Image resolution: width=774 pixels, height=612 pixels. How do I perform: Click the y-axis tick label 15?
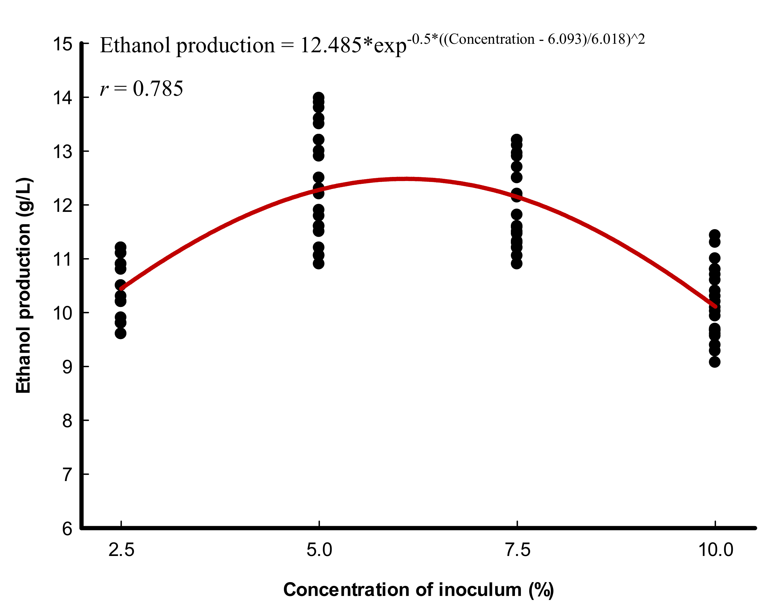(x=63, y=44)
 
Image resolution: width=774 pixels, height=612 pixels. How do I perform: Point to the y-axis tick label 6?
(x=67, y=529)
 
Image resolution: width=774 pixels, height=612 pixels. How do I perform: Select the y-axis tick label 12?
(x=63, y=206)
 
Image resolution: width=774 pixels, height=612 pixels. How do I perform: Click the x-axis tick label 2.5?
(x=121, y=550)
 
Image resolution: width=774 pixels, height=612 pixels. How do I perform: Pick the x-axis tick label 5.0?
(x=319, y=550)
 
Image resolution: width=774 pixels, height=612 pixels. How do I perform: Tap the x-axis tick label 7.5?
(x=517, y=550)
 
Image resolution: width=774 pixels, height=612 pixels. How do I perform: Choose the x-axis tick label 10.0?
(x=715, y=550)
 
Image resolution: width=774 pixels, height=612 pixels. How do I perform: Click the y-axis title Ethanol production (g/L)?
(x=24, y=286)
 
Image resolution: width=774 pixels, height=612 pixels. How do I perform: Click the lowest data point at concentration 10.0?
(x=714, y=362)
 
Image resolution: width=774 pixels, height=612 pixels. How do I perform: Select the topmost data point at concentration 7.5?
(x=517, y=139)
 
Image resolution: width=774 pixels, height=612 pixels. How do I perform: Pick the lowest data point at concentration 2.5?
(x=120, y=334)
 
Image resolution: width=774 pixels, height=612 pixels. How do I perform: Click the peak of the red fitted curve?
(x=406, y=179)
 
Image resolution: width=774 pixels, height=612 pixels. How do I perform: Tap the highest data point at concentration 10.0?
(x=714, y=235)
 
